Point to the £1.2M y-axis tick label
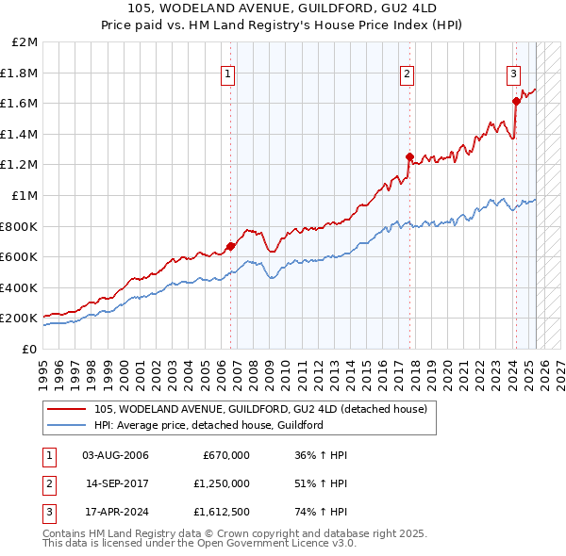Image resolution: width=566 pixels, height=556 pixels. coord(20,165)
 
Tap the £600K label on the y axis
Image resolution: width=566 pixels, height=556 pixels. coord(19,256)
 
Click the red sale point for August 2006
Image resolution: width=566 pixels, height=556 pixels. coord(231,246)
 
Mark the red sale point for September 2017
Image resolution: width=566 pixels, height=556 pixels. coord(409,157)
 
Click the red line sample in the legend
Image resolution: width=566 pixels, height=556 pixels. coord(68,409)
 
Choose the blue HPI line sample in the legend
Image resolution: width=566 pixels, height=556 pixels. coord(68,425)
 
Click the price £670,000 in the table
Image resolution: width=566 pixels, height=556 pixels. coord(226,455)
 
